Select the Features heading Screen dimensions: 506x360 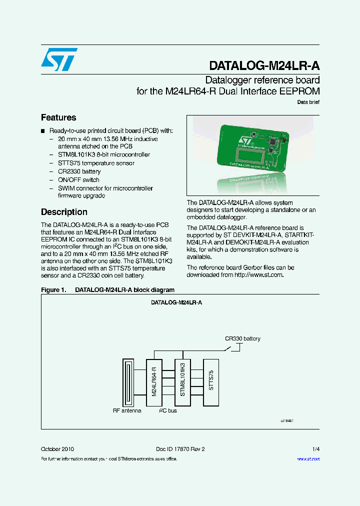click(58, 117)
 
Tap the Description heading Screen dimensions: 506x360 click(64, 212)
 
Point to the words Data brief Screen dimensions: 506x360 click(308, 102)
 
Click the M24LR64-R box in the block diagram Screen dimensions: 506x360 click(154, 382)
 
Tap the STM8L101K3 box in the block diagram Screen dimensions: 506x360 click(183, 382)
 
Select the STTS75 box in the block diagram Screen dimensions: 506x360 click(211, 382)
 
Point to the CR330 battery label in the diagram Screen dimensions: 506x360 click(242, 338)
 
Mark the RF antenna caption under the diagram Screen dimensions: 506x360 click(127, 411)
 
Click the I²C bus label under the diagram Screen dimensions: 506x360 click(168, 411)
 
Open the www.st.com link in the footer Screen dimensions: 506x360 click(308, 459)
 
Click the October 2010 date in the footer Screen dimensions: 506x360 click(57, 449)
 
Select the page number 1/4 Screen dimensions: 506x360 click(315, 449)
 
